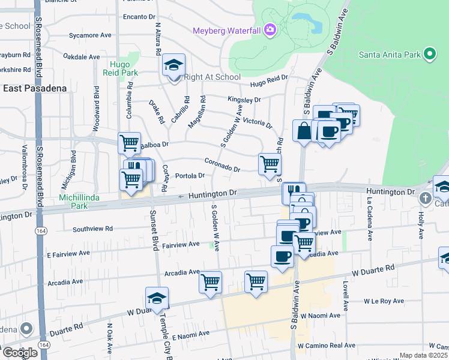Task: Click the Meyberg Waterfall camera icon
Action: [270, 29]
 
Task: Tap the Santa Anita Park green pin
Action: [429, 55]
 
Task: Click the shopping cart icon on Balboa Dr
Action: [129, 143]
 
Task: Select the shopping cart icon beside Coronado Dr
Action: [270, 163]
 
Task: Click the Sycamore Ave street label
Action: [90, 35]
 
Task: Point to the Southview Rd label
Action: [92, 229]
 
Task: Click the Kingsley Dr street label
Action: [244, 100]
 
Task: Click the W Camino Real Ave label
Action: [327, 346]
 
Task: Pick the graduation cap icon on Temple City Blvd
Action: [157, 298]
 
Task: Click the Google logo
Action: [20, 353]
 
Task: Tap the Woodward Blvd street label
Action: [96, 109]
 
